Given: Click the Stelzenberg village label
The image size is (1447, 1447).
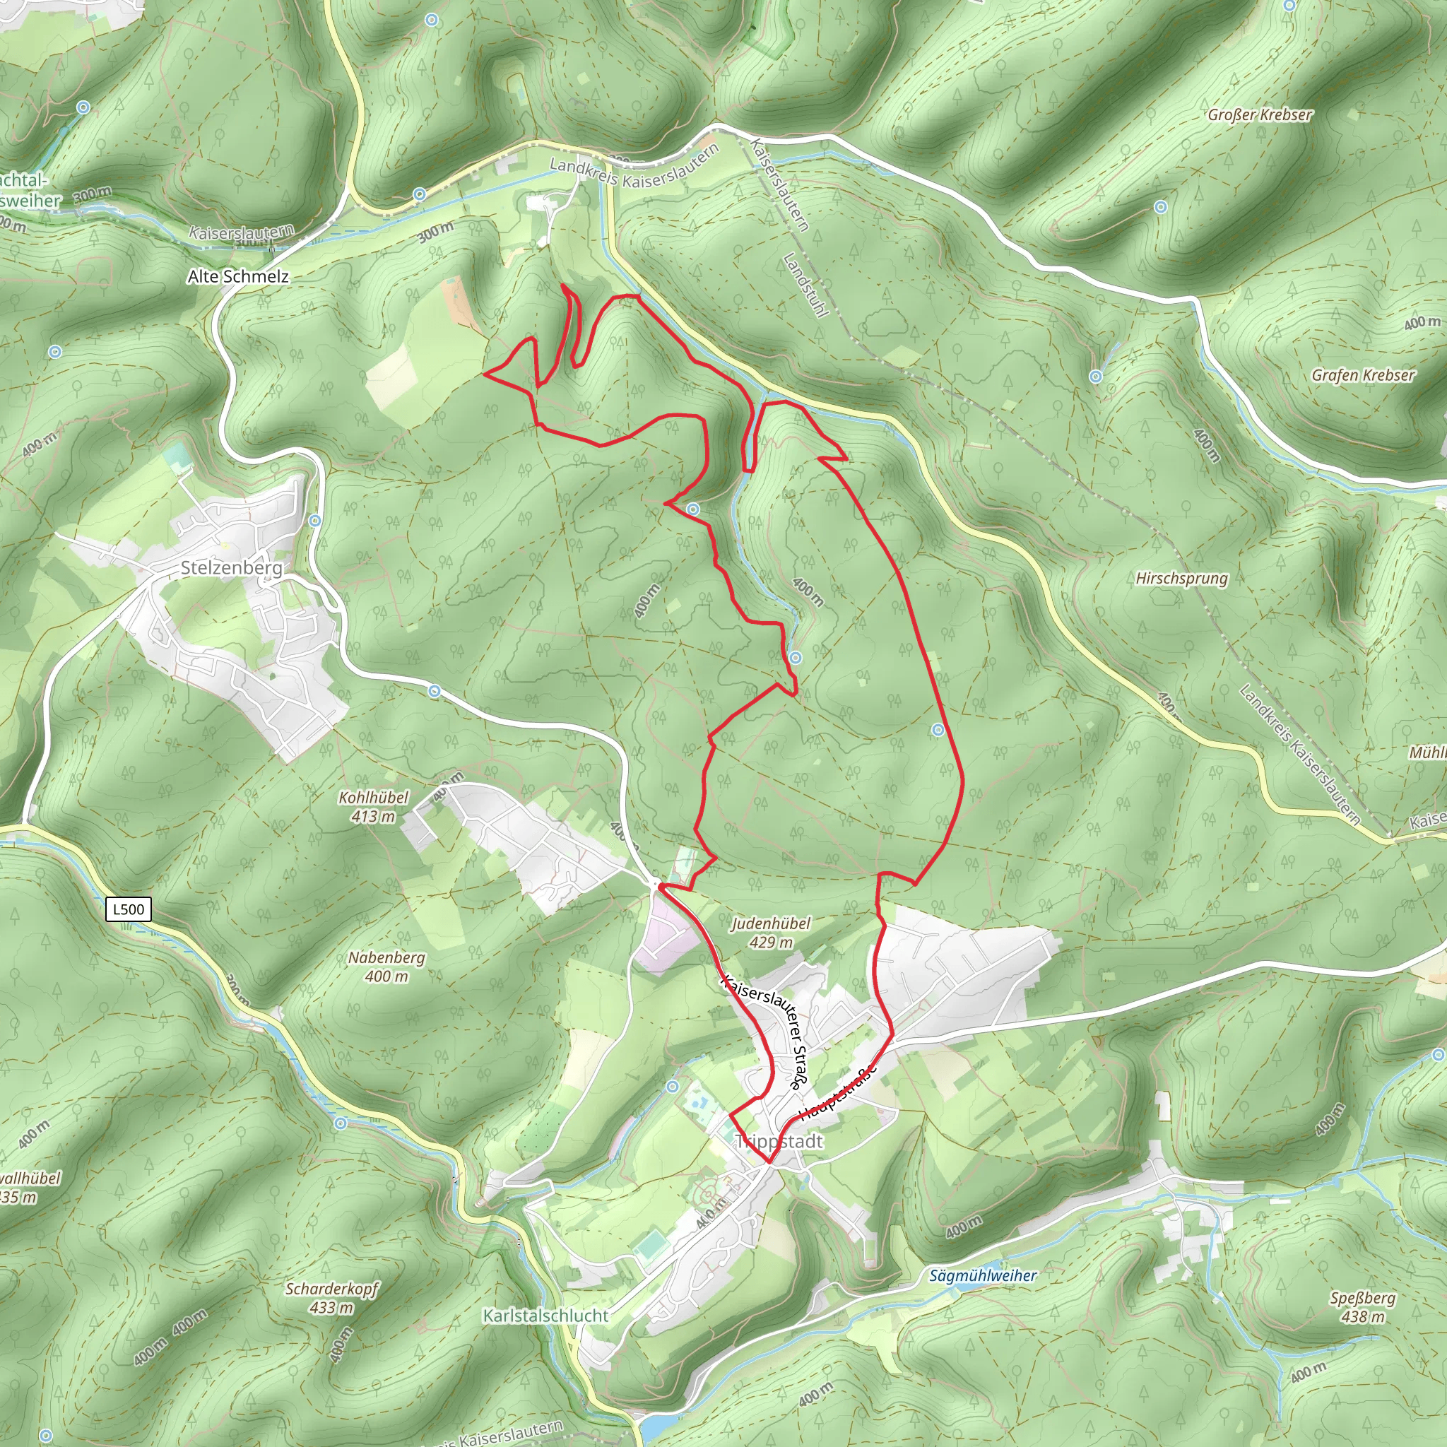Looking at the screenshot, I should coord(232,568).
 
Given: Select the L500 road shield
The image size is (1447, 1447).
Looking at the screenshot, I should coord(128,909).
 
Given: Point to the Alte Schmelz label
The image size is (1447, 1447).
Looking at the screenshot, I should coord(237,276).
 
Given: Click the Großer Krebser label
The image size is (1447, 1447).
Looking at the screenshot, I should coord(1260,114).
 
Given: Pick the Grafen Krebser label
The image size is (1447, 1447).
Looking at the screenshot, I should coord(1363,375).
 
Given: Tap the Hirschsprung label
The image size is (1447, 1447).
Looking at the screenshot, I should coord(1182,578).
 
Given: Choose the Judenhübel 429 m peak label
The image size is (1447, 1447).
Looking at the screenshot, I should coord(771,933).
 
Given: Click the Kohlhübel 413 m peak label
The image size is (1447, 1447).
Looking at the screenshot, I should coord(373,807).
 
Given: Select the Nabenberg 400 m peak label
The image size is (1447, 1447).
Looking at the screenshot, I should coord(386,966).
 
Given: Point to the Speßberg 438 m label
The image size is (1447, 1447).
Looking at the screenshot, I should coord(1362,1307).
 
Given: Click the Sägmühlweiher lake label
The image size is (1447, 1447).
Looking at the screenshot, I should coord(983,1275).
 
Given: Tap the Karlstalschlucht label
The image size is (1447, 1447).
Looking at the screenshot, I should coord(545,1316).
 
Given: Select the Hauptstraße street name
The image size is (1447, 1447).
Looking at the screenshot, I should coord(837,1094).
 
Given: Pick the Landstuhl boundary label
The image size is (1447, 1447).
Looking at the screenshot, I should coord(805,285).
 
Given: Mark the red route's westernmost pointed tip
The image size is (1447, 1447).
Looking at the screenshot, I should coord(485,372).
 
